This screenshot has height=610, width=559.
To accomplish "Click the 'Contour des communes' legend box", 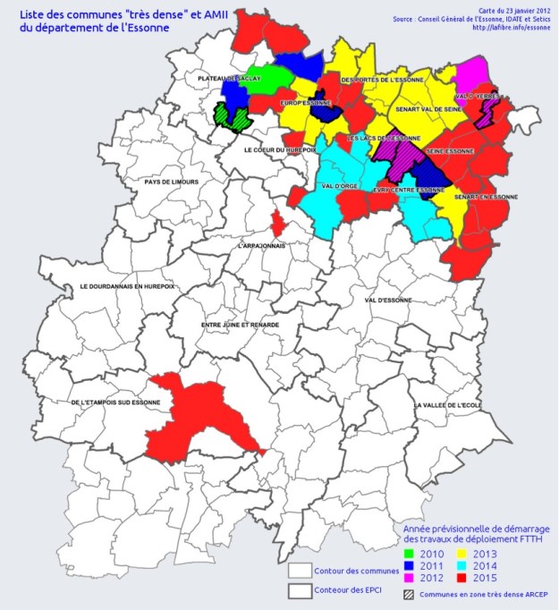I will pos(301,571).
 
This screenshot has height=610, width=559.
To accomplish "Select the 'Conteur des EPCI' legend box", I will pos(301,590).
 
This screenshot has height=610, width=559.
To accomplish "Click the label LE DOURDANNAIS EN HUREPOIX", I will pos(127,286).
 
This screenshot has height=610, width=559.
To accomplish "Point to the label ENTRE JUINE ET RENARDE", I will pos(241,325).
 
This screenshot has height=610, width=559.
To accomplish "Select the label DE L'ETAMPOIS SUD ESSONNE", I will pos(115,403).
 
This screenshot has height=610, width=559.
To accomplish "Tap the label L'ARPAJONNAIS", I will pos(260,244).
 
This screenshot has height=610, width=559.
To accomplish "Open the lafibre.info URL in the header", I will pos(512,27).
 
